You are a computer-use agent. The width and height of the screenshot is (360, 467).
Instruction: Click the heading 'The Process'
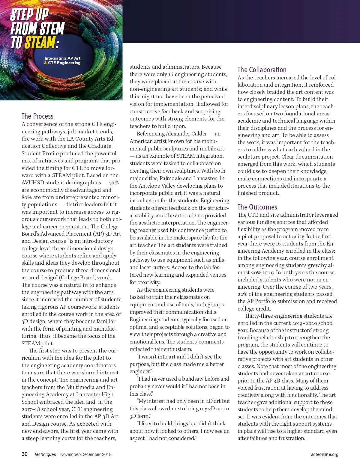pyautogui.click(x=37, y=116)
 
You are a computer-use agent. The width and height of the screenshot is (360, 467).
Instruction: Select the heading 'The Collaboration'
pyautogui.click(x=262, y=70)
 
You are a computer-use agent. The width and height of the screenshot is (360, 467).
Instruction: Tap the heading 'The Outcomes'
pyautogui.click(x=257, y=207)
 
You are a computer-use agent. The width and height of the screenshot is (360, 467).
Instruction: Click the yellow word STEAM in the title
pyautogui.click(x=40, y=43)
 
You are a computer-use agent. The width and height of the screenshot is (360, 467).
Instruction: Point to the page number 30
pyautogui.click(x=25, y=454)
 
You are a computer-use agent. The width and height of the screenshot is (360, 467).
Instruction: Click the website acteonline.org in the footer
pyautogui.click(x=325, y=454)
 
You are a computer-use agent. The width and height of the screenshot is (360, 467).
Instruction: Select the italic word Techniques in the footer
pyautogui.click(x=45, y=454)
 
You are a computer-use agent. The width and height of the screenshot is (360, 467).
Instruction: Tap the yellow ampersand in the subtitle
pyautogui.click(x=46, y=63)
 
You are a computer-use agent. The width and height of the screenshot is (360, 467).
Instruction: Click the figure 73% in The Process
pyautogui.click(x=114, y=183)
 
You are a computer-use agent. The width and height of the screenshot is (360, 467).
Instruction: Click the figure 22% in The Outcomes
pyautogui.click(x=242, y=294)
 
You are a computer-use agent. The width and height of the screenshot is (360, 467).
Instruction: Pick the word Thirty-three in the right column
pyautogui.click(x=259, y=316)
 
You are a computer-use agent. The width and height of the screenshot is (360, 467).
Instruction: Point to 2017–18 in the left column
pyautogui.click(x=31, y=409)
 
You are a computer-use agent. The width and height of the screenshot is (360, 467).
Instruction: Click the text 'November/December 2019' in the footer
pyautogui.click(x=86, y=454)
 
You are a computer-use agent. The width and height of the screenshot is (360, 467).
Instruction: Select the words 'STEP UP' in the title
pyautogui.click(x=29, y=14)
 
